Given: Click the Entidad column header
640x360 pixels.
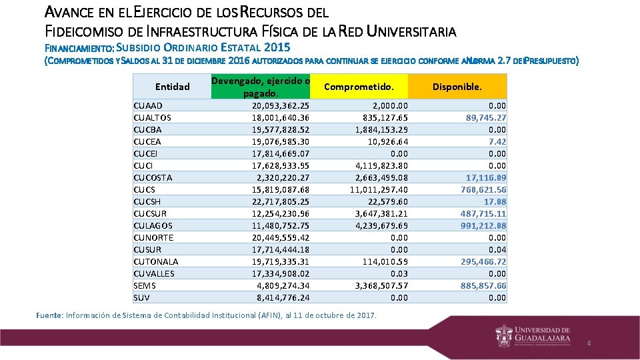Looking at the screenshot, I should pos(172,87).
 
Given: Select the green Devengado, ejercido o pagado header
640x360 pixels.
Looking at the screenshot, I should pos(261,87).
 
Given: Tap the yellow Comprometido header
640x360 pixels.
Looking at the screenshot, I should pos(359,87).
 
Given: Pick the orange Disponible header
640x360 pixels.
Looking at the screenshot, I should pos(457,87).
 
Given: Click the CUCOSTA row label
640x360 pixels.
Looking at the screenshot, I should pos(153,177).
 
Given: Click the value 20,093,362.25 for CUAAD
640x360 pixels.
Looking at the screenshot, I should pos(281,105).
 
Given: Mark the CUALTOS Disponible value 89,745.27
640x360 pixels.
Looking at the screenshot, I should pos(485,117).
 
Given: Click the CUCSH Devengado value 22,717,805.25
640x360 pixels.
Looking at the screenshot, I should pos(281,201).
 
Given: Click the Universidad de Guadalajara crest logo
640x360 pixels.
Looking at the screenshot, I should pos(504,335).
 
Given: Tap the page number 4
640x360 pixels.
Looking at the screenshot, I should pos(589,343).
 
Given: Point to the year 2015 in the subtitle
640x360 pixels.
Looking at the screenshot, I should pos(277,47).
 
